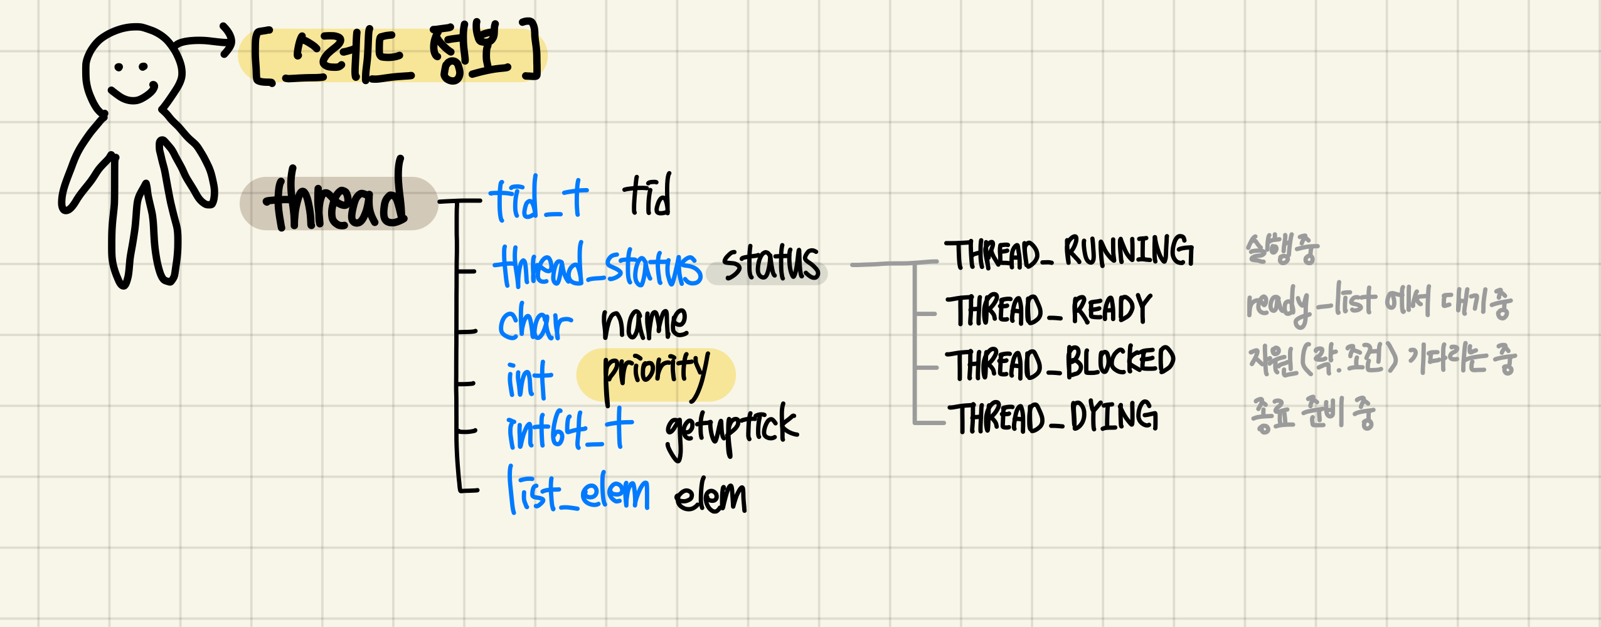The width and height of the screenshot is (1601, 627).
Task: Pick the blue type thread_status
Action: point(597,267)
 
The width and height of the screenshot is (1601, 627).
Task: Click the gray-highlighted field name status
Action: point(770,265)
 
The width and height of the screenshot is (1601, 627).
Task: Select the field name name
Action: point(644,324)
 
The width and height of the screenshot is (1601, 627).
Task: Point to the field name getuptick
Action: point(731,429)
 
